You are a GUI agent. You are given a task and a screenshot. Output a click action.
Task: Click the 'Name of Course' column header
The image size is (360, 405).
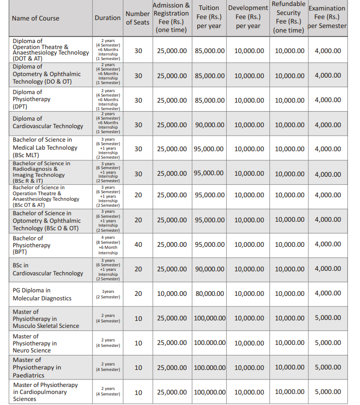pyautogui.click(x=36, y=18)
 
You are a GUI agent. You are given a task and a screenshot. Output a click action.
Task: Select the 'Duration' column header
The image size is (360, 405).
pyautogui.click(x=108, y=18)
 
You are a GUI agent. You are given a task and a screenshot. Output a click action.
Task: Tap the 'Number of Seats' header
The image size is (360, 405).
pyautogui.click(x=138, y=18)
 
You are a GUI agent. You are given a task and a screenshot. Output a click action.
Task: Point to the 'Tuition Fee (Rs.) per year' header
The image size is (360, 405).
pyautogui.click(x=209, y=18)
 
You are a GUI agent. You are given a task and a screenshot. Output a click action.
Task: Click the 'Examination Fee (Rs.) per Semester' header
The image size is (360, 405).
pyautogui.click(x=327, y=18)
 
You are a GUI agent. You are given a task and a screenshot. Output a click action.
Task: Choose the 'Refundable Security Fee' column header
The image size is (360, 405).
pyautogui.click(x=288, y=18)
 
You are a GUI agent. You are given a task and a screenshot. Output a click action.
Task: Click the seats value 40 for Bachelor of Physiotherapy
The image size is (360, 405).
pyautogui.click(x=138, y=244)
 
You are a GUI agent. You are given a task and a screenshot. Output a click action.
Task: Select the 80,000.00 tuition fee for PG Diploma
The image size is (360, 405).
pyautogui.click(x=209, y=293)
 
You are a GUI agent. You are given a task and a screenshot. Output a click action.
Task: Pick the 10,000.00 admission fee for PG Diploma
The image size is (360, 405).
pyautogui.click(x=172, y=293)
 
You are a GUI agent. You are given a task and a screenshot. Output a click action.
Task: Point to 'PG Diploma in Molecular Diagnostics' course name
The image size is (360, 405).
pyautogui.click(x=42, y=294)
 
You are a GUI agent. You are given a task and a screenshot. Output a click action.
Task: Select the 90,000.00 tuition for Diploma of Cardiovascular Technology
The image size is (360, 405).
pyautogui.click(x=209, y=125)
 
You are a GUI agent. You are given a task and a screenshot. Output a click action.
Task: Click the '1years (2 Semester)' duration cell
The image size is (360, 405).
pyautogui.click(x=108, y=294)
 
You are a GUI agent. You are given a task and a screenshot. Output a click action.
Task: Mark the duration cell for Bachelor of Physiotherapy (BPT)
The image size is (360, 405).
pyautogui.click(x=108, y=245)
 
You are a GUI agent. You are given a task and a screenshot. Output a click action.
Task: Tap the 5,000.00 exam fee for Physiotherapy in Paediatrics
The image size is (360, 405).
pyautogui.click(x=327, y=367)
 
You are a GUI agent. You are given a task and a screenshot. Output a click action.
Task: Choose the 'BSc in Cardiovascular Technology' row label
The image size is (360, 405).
pyautogui.click(x=48, y=269)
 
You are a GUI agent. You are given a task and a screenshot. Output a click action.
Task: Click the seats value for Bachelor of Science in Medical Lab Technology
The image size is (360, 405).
pyautogui.click(x=138, y=149)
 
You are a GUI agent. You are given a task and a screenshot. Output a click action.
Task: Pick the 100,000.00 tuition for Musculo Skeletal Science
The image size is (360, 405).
pyautogui.click(x=209, y=318)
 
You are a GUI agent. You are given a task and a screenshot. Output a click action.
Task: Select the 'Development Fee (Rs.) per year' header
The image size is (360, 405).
pyautogui.click(x=248, y=18)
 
